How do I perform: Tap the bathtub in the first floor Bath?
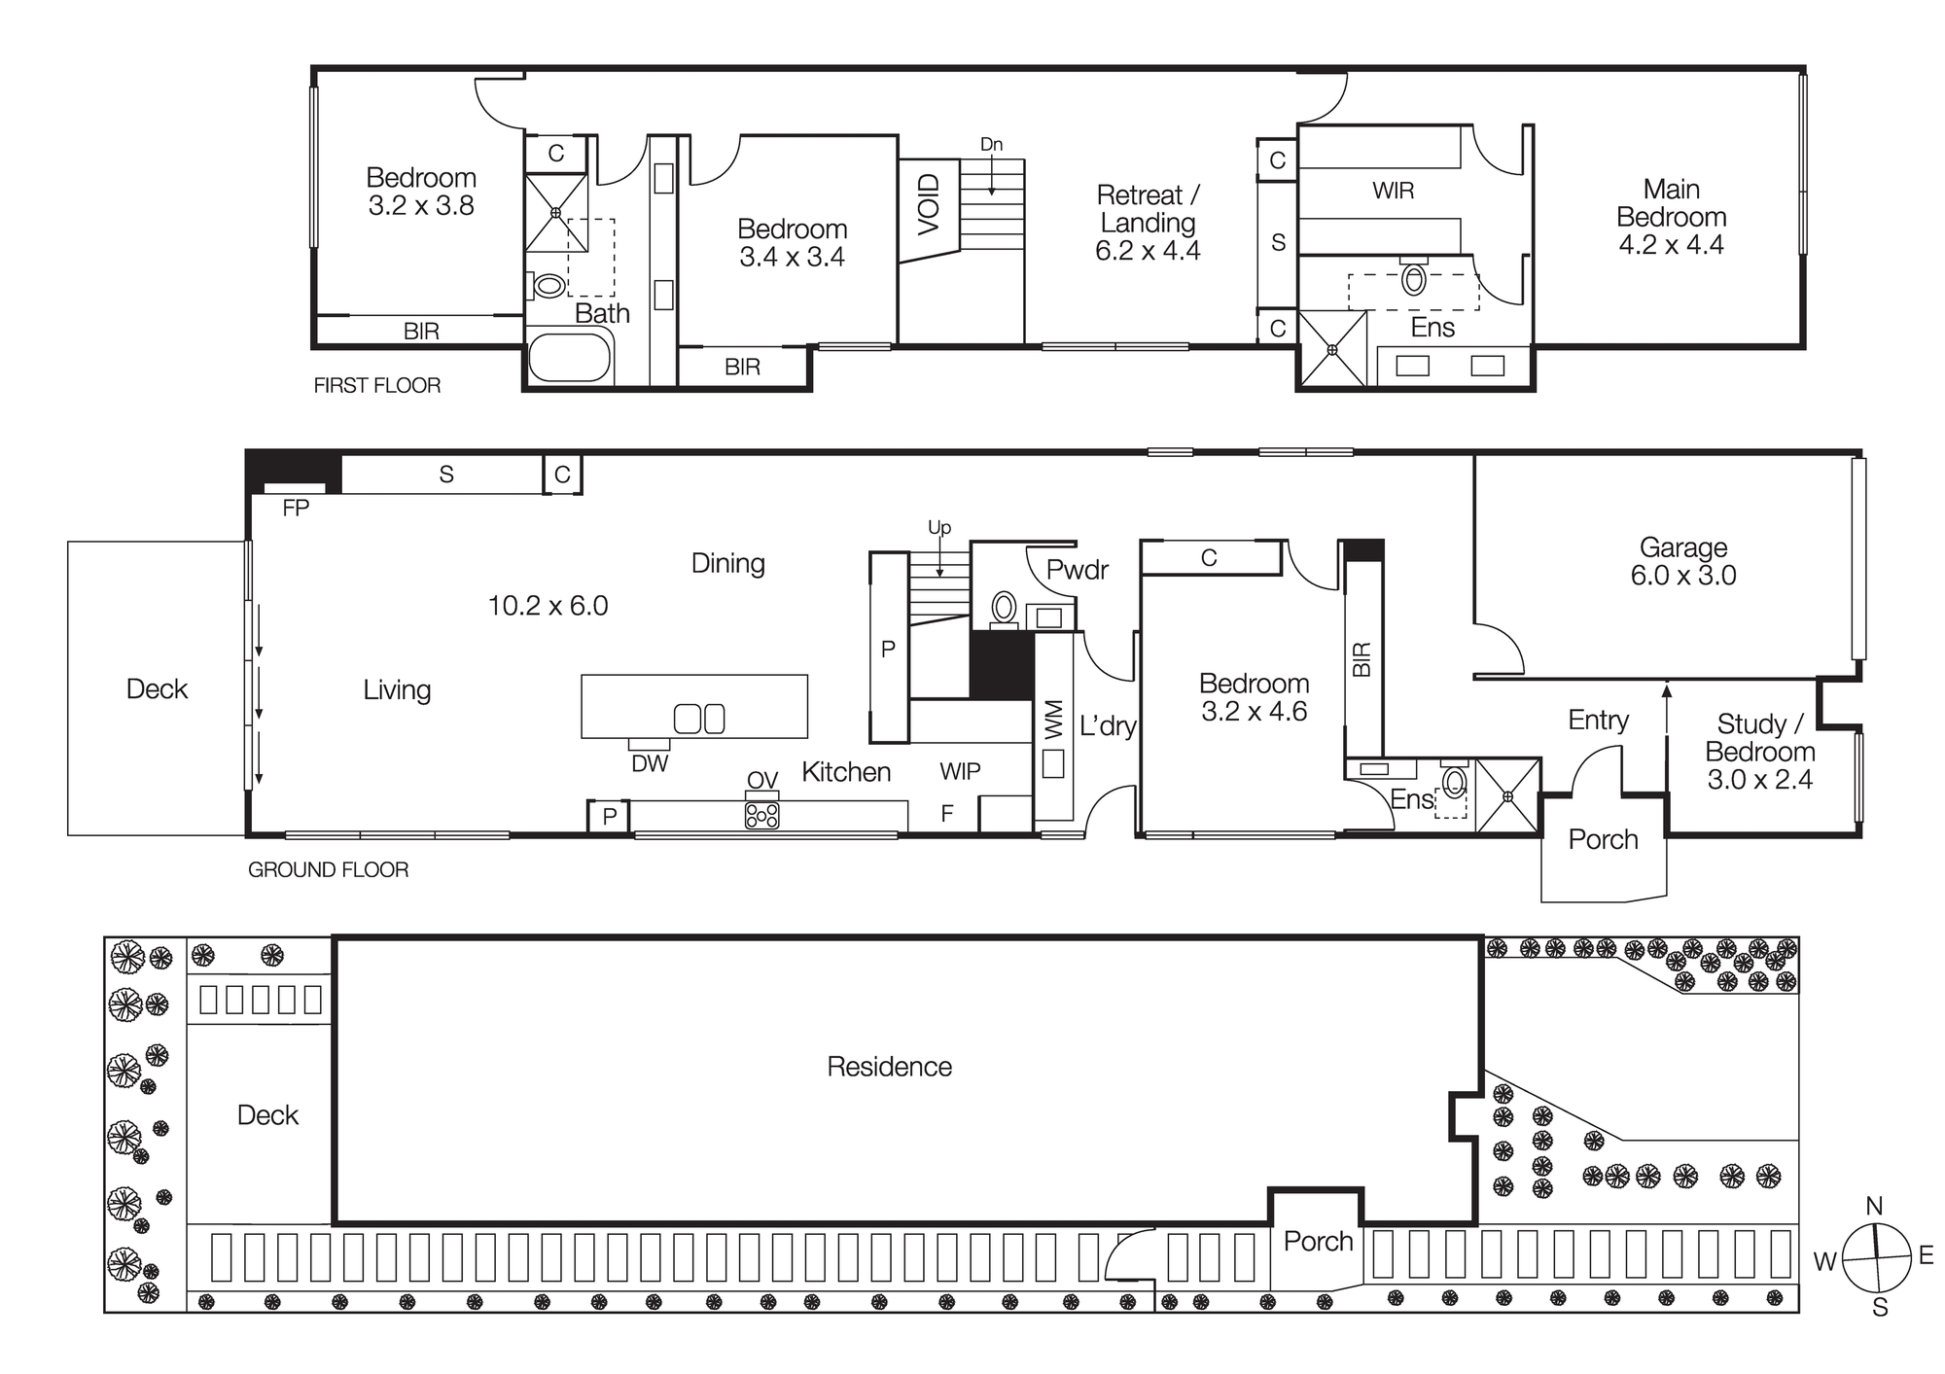570,359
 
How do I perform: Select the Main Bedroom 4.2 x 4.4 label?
1671,217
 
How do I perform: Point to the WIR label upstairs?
1393,191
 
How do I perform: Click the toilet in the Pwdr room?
1004,609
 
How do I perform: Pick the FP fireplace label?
296,508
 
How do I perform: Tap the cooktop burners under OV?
761,816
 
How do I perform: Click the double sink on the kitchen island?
699,719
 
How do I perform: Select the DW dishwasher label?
650,764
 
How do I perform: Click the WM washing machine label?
1054,721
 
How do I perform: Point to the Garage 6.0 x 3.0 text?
1682,561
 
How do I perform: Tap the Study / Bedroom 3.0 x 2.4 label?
1759,751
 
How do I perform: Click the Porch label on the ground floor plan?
1603,839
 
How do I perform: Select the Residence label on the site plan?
889,1067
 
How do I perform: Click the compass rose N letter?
1874,1207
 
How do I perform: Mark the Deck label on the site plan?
267,1115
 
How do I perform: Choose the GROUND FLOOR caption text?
328,870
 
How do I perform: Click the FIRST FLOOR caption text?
376,386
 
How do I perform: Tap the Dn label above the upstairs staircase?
991,145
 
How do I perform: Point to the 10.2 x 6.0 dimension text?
548,606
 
